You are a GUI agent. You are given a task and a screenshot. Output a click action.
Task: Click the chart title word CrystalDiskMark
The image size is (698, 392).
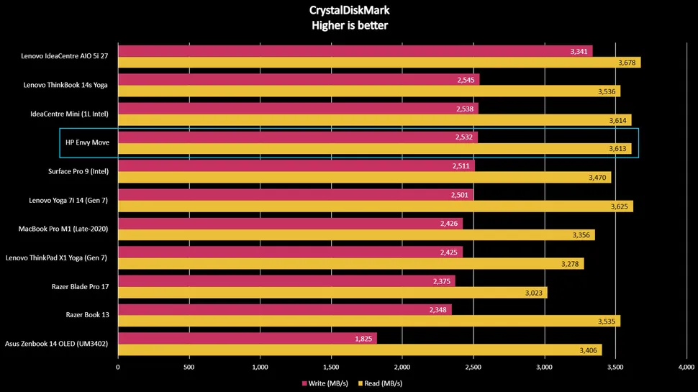(x=348, y=11)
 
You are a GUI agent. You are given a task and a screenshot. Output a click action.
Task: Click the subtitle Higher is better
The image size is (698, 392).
(x=348, y=26)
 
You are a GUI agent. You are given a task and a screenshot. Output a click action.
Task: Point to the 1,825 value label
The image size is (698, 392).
(x=363, y=338)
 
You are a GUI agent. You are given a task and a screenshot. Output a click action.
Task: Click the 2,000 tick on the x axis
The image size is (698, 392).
(x=402, y=366)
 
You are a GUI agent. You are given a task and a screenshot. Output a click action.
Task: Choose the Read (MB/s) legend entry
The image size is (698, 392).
(x=381, y=383)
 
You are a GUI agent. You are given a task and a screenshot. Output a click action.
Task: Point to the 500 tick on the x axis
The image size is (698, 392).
(x=189, y=366)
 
